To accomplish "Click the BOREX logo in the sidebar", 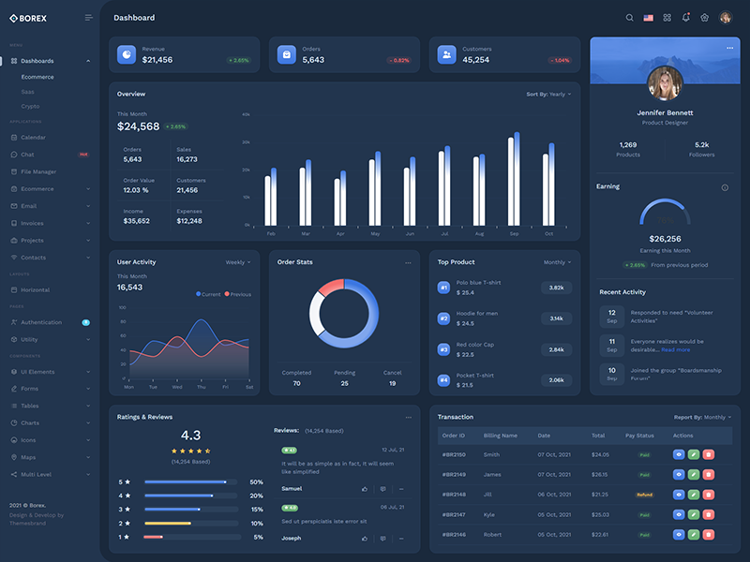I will click(28, 18).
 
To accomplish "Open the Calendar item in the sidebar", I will click(33, 138).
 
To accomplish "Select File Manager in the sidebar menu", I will click(38, 171).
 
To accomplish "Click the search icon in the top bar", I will click(629, 18).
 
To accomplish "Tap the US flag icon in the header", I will click(648, 18).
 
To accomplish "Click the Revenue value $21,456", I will click(157, 60).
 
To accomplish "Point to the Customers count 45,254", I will click(475, 60).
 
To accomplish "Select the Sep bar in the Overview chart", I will click(514, 182).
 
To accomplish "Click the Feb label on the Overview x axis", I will click(271, 233).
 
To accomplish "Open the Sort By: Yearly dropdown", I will click(548, 95).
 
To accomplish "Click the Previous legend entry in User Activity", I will click(238, 294).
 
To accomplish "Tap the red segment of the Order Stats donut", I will click(330, 286).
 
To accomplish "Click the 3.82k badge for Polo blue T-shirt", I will click(556, 288).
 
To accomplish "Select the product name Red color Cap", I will click(475, 344).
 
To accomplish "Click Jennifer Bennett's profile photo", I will click(665, 84).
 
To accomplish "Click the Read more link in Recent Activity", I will click(675, 349).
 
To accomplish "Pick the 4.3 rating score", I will click(190, 436).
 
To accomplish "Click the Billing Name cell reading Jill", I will click(487, 495).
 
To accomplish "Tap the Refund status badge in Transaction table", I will click(645, 495).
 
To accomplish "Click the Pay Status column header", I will click(639, 436).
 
